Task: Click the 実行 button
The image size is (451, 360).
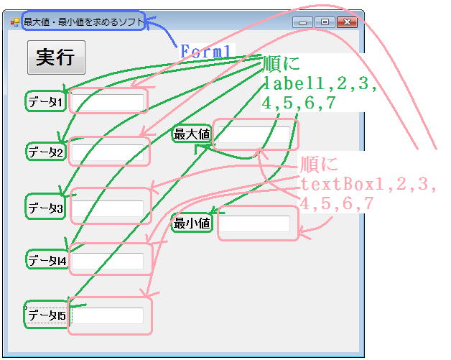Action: (x=56, y=57)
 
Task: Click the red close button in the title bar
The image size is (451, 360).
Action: (x=347, y=22)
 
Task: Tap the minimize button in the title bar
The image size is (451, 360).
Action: (x=302, y=22)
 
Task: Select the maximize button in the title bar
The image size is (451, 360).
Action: (x=325, y=22)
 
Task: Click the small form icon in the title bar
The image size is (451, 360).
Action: (x=14, y=22)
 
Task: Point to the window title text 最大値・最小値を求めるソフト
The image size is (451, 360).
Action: (x=83, y=22)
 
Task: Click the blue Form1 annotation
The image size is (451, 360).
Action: (x=205, y=52)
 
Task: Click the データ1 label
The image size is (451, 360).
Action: (x=45, y=102)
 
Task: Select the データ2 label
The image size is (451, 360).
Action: (x=46, y=152)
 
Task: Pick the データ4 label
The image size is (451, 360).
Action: (x=47, y=261)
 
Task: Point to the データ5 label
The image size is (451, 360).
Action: (x=47, y=315)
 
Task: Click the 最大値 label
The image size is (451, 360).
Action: (x=192, y=134)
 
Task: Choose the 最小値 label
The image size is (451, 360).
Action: (x=192, y=223)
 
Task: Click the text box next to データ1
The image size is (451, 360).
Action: (x=108, y=102)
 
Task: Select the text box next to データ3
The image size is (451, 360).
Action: (x=108, y=208)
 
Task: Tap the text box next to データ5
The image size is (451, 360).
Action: (x=108, y=315)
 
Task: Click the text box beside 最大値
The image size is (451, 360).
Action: (x=254, y=134)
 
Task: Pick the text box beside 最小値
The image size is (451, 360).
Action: (x=254, y=223)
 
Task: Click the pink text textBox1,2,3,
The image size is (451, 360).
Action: (x=368, y=184)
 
